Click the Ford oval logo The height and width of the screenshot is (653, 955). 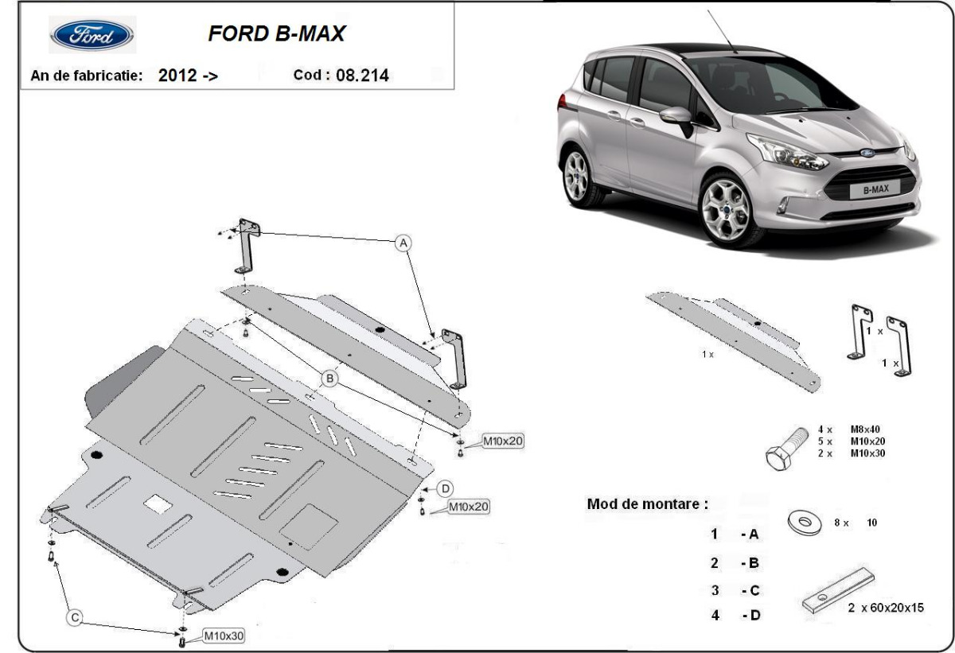(92, 36)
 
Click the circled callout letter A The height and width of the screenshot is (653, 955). (404, 242)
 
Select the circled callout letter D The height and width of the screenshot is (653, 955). (446, 488)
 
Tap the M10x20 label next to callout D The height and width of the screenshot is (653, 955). (468, 506)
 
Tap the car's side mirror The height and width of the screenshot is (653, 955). (675, 118)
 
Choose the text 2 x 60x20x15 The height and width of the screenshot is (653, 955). (885, 608)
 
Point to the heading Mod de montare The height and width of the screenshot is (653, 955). (646, 504)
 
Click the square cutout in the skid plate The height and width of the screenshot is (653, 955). (157, 503)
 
